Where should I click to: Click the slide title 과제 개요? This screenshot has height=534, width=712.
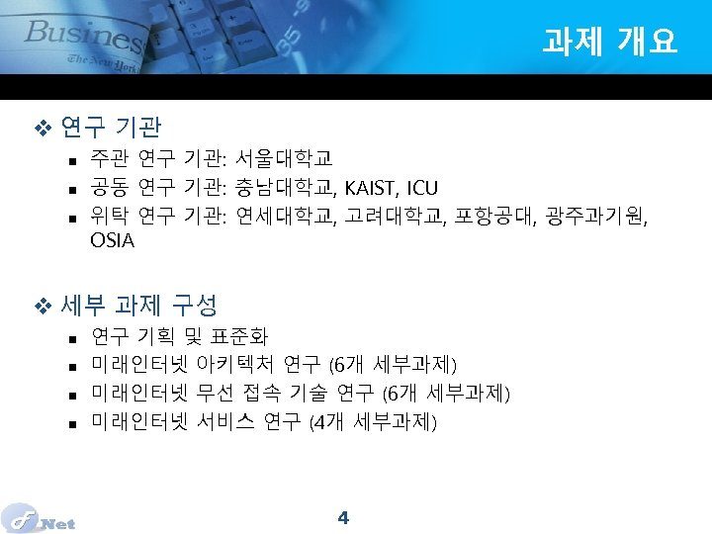(609, 41)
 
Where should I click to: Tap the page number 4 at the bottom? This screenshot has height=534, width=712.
(343, 517)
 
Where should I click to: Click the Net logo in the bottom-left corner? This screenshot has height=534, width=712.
(40, 519)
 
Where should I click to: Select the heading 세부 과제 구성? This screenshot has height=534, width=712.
(138, 306)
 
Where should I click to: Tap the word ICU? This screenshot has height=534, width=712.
(422, 188)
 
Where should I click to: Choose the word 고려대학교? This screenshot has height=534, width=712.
(393, 214)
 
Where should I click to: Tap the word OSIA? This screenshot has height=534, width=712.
(112, 240)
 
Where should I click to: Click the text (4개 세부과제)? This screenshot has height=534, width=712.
(373, 422)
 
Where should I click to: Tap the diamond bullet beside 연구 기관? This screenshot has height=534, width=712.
(42, 128)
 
